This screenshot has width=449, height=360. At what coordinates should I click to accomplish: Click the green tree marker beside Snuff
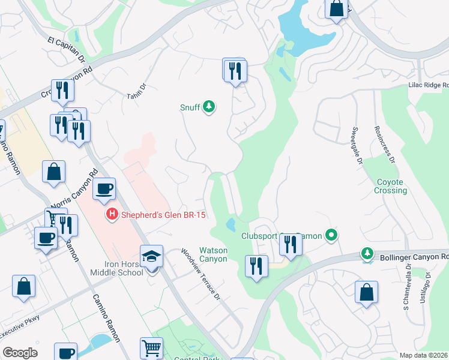point(209,107)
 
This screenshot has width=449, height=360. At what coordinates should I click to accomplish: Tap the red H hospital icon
point(111,214)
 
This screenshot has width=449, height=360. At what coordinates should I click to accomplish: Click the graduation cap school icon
point(152,257)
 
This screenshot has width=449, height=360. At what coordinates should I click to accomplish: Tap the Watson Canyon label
point(213,254)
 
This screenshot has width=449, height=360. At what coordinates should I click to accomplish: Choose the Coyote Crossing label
point(391,186)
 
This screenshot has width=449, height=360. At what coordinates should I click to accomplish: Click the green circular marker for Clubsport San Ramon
point(330,235)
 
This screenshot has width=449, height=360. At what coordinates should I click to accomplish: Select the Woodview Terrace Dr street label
point(201,274)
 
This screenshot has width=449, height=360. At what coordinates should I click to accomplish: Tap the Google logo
point(20,353)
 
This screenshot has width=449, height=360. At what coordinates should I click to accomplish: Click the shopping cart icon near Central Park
point(151,348)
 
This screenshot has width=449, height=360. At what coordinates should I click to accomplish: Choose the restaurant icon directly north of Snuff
point(235,71)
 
